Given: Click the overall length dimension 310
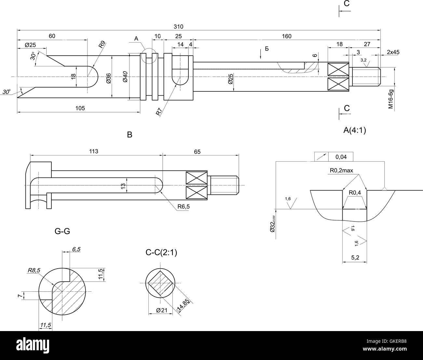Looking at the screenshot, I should [x=178, y=26].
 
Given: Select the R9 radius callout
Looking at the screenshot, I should [x=102, y=44].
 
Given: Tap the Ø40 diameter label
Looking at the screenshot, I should [x=125, y=77].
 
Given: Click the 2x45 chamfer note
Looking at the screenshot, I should [x=393, y=52].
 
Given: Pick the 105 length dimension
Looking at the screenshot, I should [x=80, y=108].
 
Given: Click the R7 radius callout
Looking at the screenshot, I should [x=159, y=112].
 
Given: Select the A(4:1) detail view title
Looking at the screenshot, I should [x=354, y=130].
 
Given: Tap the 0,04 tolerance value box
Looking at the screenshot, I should [x=341, y=157].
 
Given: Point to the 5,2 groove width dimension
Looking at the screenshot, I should [x=355, y=258].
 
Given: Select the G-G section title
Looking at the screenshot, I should [x=62, y=231].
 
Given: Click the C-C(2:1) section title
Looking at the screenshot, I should [x=161, y=252].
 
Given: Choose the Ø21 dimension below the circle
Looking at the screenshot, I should [x=161, y=310].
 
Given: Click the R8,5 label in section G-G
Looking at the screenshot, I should [x=34, y=270].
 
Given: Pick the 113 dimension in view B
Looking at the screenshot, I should [x=94, y=151].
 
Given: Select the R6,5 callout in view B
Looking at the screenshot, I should [x=183, y=207].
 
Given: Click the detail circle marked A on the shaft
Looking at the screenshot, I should [x=149, y=56].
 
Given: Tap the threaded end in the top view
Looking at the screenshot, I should [x=366, y=77].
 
